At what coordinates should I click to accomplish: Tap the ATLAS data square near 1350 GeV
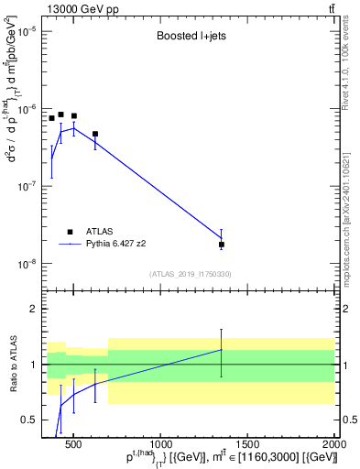click(x=221, y=245)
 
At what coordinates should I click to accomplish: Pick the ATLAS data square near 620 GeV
click(x=95, y=134)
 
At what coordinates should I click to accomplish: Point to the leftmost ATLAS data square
click(x=52, y=118)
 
